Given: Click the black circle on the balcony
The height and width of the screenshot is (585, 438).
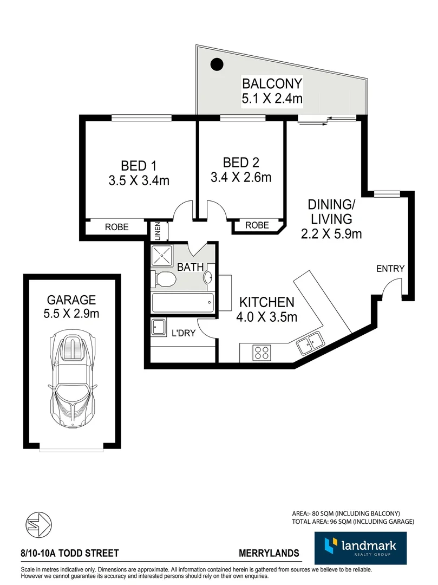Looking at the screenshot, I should pos(217,64).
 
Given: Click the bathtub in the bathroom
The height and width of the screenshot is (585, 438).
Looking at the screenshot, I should pos(182,303).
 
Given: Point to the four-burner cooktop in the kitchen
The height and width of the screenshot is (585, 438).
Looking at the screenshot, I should pos(263,353).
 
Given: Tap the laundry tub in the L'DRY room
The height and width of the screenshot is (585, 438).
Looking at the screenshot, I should pos(159,328).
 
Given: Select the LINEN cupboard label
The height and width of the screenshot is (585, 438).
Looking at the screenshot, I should pos(158,231).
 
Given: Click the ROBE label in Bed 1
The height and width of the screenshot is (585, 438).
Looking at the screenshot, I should pos(116,227).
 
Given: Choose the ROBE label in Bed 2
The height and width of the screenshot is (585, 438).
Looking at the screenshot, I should pos(257,225).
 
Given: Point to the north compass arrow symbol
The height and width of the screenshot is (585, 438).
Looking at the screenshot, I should pos(40,524).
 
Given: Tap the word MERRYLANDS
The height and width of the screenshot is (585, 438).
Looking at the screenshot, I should pos(269,554).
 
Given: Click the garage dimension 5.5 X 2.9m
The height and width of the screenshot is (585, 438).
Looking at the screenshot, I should pos(71,313).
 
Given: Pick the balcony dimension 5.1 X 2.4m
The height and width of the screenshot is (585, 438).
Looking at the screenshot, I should pos(272,99).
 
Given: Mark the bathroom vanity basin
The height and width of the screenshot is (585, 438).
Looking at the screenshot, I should pos(208,277).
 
